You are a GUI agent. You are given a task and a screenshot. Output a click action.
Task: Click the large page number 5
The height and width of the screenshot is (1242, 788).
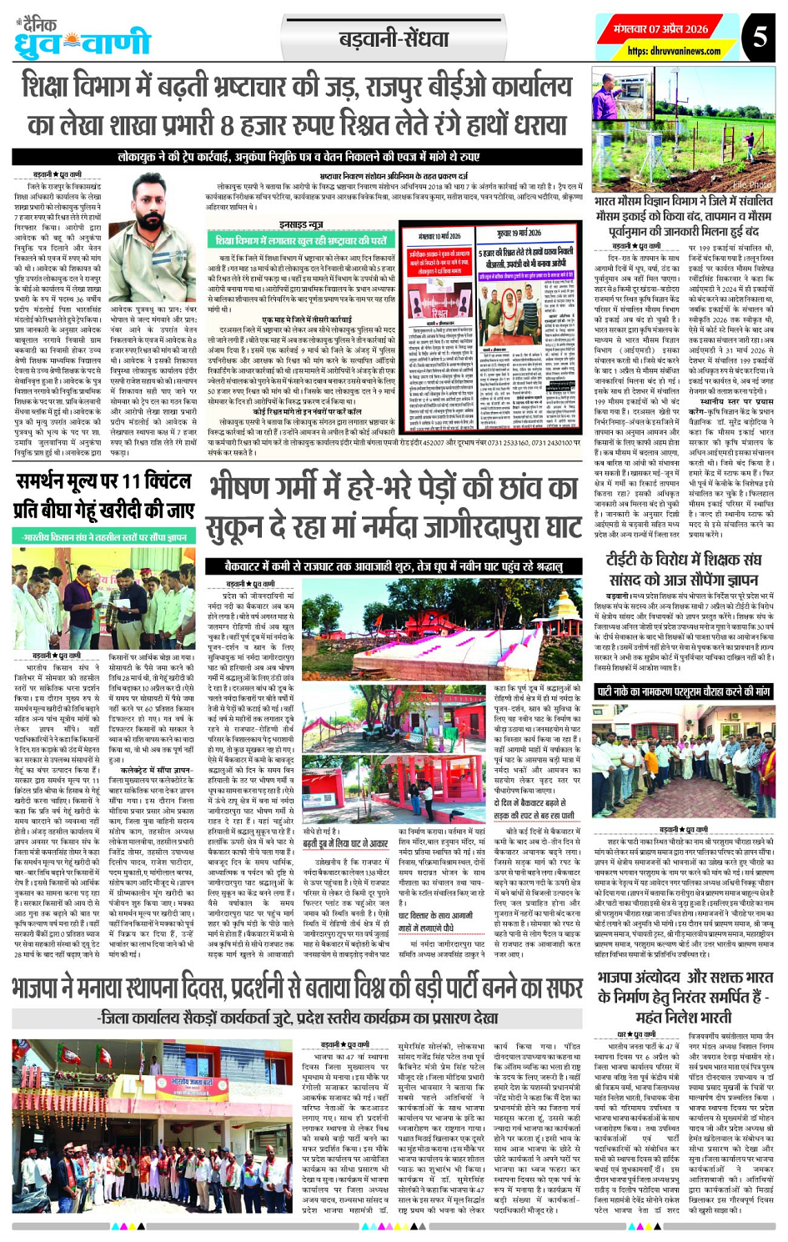pyautogui.click(x=760, y=37)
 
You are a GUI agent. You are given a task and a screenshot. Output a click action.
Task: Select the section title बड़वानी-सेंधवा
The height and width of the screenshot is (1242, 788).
pyautogui.click(x=394, y=38)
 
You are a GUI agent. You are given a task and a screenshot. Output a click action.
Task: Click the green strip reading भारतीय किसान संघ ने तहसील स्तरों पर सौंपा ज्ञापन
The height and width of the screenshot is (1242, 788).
pyautogui.click(x=103, y=538)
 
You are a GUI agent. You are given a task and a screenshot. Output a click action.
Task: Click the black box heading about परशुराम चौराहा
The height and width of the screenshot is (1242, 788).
pyautogui.click(x=683, y=691)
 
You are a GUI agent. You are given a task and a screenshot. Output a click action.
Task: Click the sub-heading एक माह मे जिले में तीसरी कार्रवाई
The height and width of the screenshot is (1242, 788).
pyautogui.click(x=307, y=319)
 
